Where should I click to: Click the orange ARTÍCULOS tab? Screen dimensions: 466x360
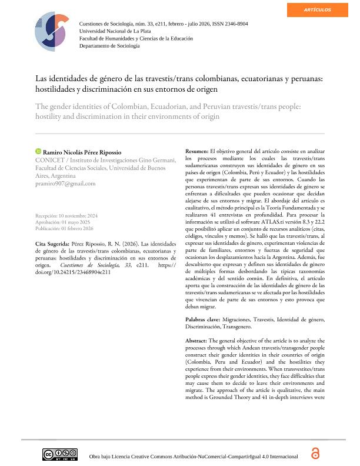[x=317, y=10]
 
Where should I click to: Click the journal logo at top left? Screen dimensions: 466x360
[x=52, y=32]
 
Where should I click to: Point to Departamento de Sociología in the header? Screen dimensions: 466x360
[x=109, y=45]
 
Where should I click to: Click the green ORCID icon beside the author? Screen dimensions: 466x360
[x=38, y=151]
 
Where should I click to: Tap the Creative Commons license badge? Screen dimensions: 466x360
[x=59, y=454]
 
